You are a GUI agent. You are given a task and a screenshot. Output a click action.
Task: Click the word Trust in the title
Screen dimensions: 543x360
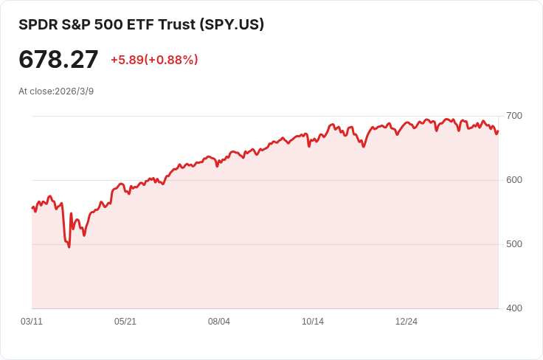tap(177, 24)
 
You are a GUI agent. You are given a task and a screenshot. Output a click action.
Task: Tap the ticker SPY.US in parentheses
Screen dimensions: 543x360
tap(232, 24)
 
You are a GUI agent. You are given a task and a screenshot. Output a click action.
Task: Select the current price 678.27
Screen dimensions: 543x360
tap(58, 60)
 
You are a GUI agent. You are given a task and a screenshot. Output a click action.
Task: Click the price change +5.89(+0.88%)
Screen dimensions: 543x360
tap(154, 60)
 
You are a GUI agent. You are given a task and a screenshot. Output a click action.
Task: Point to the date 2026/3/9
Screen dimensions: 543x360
tap(74, 91)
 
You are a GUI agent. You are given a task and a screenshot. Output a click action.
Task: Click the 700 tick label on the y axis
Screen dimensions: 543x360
tap(514, 116)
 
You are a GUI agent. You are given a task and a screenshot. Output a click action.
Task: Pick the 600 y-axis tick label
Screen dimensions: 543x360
tap(514, 180)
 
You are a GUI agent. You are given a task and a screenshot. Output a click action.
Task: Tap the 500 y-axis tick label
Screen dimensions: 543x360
tap(514, 244)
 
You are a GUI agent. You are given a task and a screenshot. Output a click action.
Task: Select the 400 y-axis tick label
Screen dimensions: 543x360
tap(514, 308)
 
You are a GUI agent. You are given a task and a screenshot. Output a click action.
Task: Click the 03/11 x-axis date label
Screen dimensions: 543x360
tap(32, 322)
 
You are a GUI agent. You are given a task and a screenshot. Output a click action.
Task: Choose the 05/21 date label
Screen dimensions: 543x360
tap(125, 322)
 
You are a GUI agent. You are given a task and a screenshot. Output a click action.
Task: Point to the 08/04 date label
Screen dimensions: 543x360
tap(219, 322)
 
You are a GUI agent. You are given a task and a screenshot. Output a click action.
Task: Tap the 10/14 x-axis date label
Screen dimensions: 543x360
tap(313, 322)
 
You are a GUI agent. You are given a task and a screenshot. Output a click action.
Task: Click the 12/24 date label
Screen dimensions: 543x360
tap(407, 322)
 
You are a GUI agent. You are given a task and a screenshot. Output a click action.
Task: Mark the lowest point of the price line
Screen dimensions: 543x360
tap(69, 247)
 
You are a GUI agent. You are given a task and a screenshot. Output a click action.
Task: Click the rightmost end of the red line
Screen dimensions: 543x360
tap(498, 131)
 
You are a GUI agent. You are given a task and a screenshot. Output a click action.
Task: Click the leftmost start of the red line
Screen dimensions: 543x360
tap(32, 208)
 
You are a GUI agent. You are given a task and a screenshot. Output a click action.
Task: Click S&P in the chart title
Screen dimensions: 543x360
tap(76, 24)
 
